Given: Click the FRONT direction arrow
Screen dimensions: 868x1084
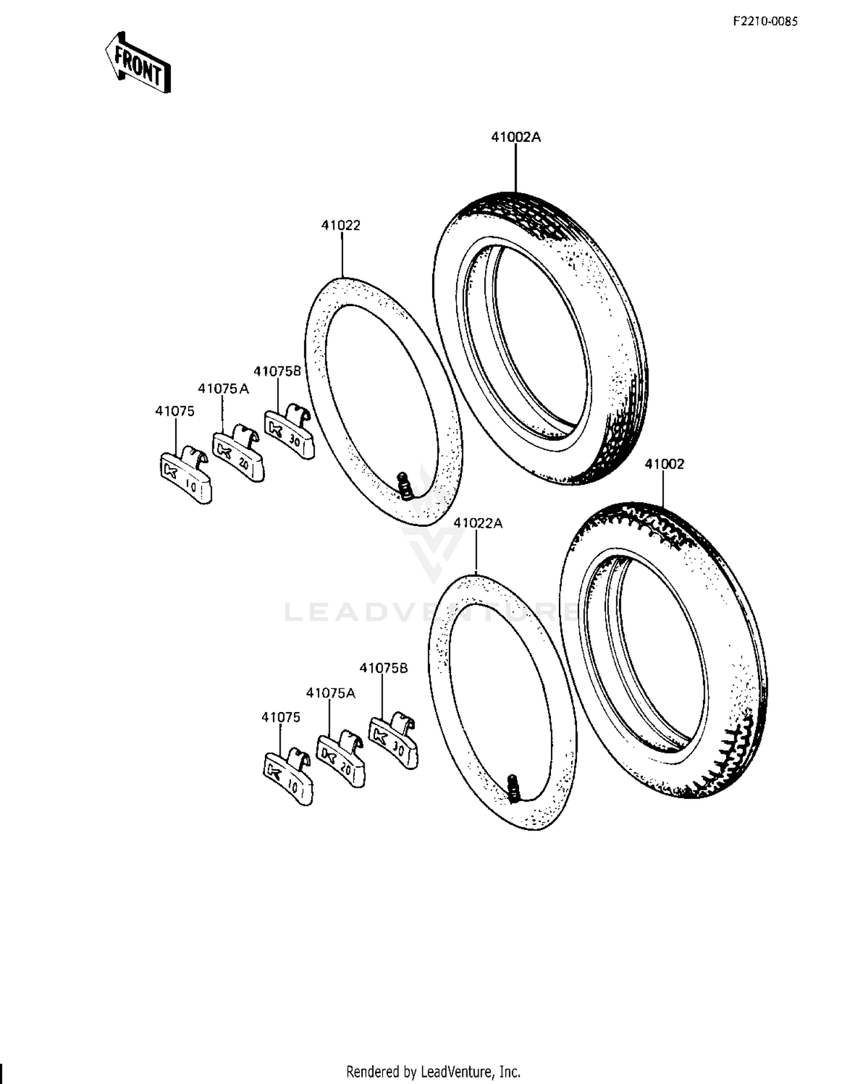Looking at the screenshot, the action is pyautogui.click(x=138, y=62).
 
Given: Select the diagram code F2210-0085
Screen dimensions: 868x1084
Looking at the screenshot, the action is pyautogui.click(x=765, y=21).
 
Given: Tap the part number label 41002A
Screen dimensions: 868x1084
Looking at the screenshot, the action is pyautogui.click(x=516, y=137).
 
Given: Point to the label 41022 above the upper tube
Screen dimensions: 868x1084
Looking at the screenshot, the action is pyautogui.click(x=341, y=225).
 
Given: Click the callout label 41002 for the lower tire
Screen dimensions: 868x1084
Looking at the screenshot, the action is pyautogui.click(x=664, y=464).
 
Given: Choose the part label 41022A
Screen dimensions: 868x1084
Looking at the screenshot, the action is pyautogui.click(x=478, y=523).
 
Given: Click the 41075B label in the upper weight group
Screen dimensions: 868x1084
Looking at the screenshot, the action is pyautogui.click(x=278, y=371).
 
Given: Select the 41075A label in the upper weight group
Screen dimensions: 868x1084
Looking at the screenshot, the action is pyautogui.click(x=223, y=389).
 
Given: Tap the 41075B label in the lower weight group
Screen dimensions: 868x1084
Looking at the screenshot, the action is pyautogui.click(x=384, y=668).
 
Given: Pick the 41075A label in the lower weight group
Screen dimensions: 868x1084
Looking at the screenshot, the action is pyautogui.click(x=330, y=693).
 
